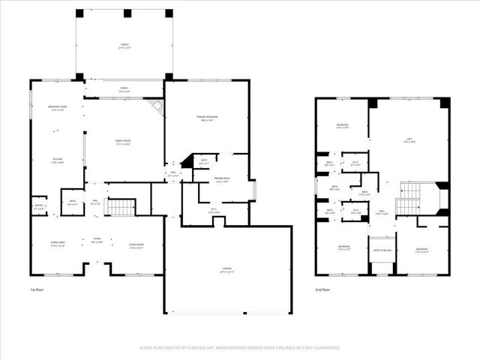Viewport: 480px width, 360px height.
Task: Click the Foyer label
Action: tap(97, 241)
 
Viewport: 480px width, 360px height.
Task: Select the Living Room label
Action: tap(136, 244)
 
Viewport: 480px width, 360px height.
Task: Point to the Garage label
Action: tap(227, 270)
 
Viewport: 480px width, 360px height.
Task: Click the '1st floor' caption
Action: tap(38, 289)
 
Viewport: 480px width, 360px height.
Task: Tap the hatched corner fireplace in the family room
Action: tap(156, 106)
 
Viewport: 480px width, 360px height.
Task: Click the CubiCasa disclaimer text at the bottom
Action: tap(239, 347)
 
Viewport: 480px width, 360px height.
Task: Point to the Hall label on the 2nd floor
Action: tap(382, 211)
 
